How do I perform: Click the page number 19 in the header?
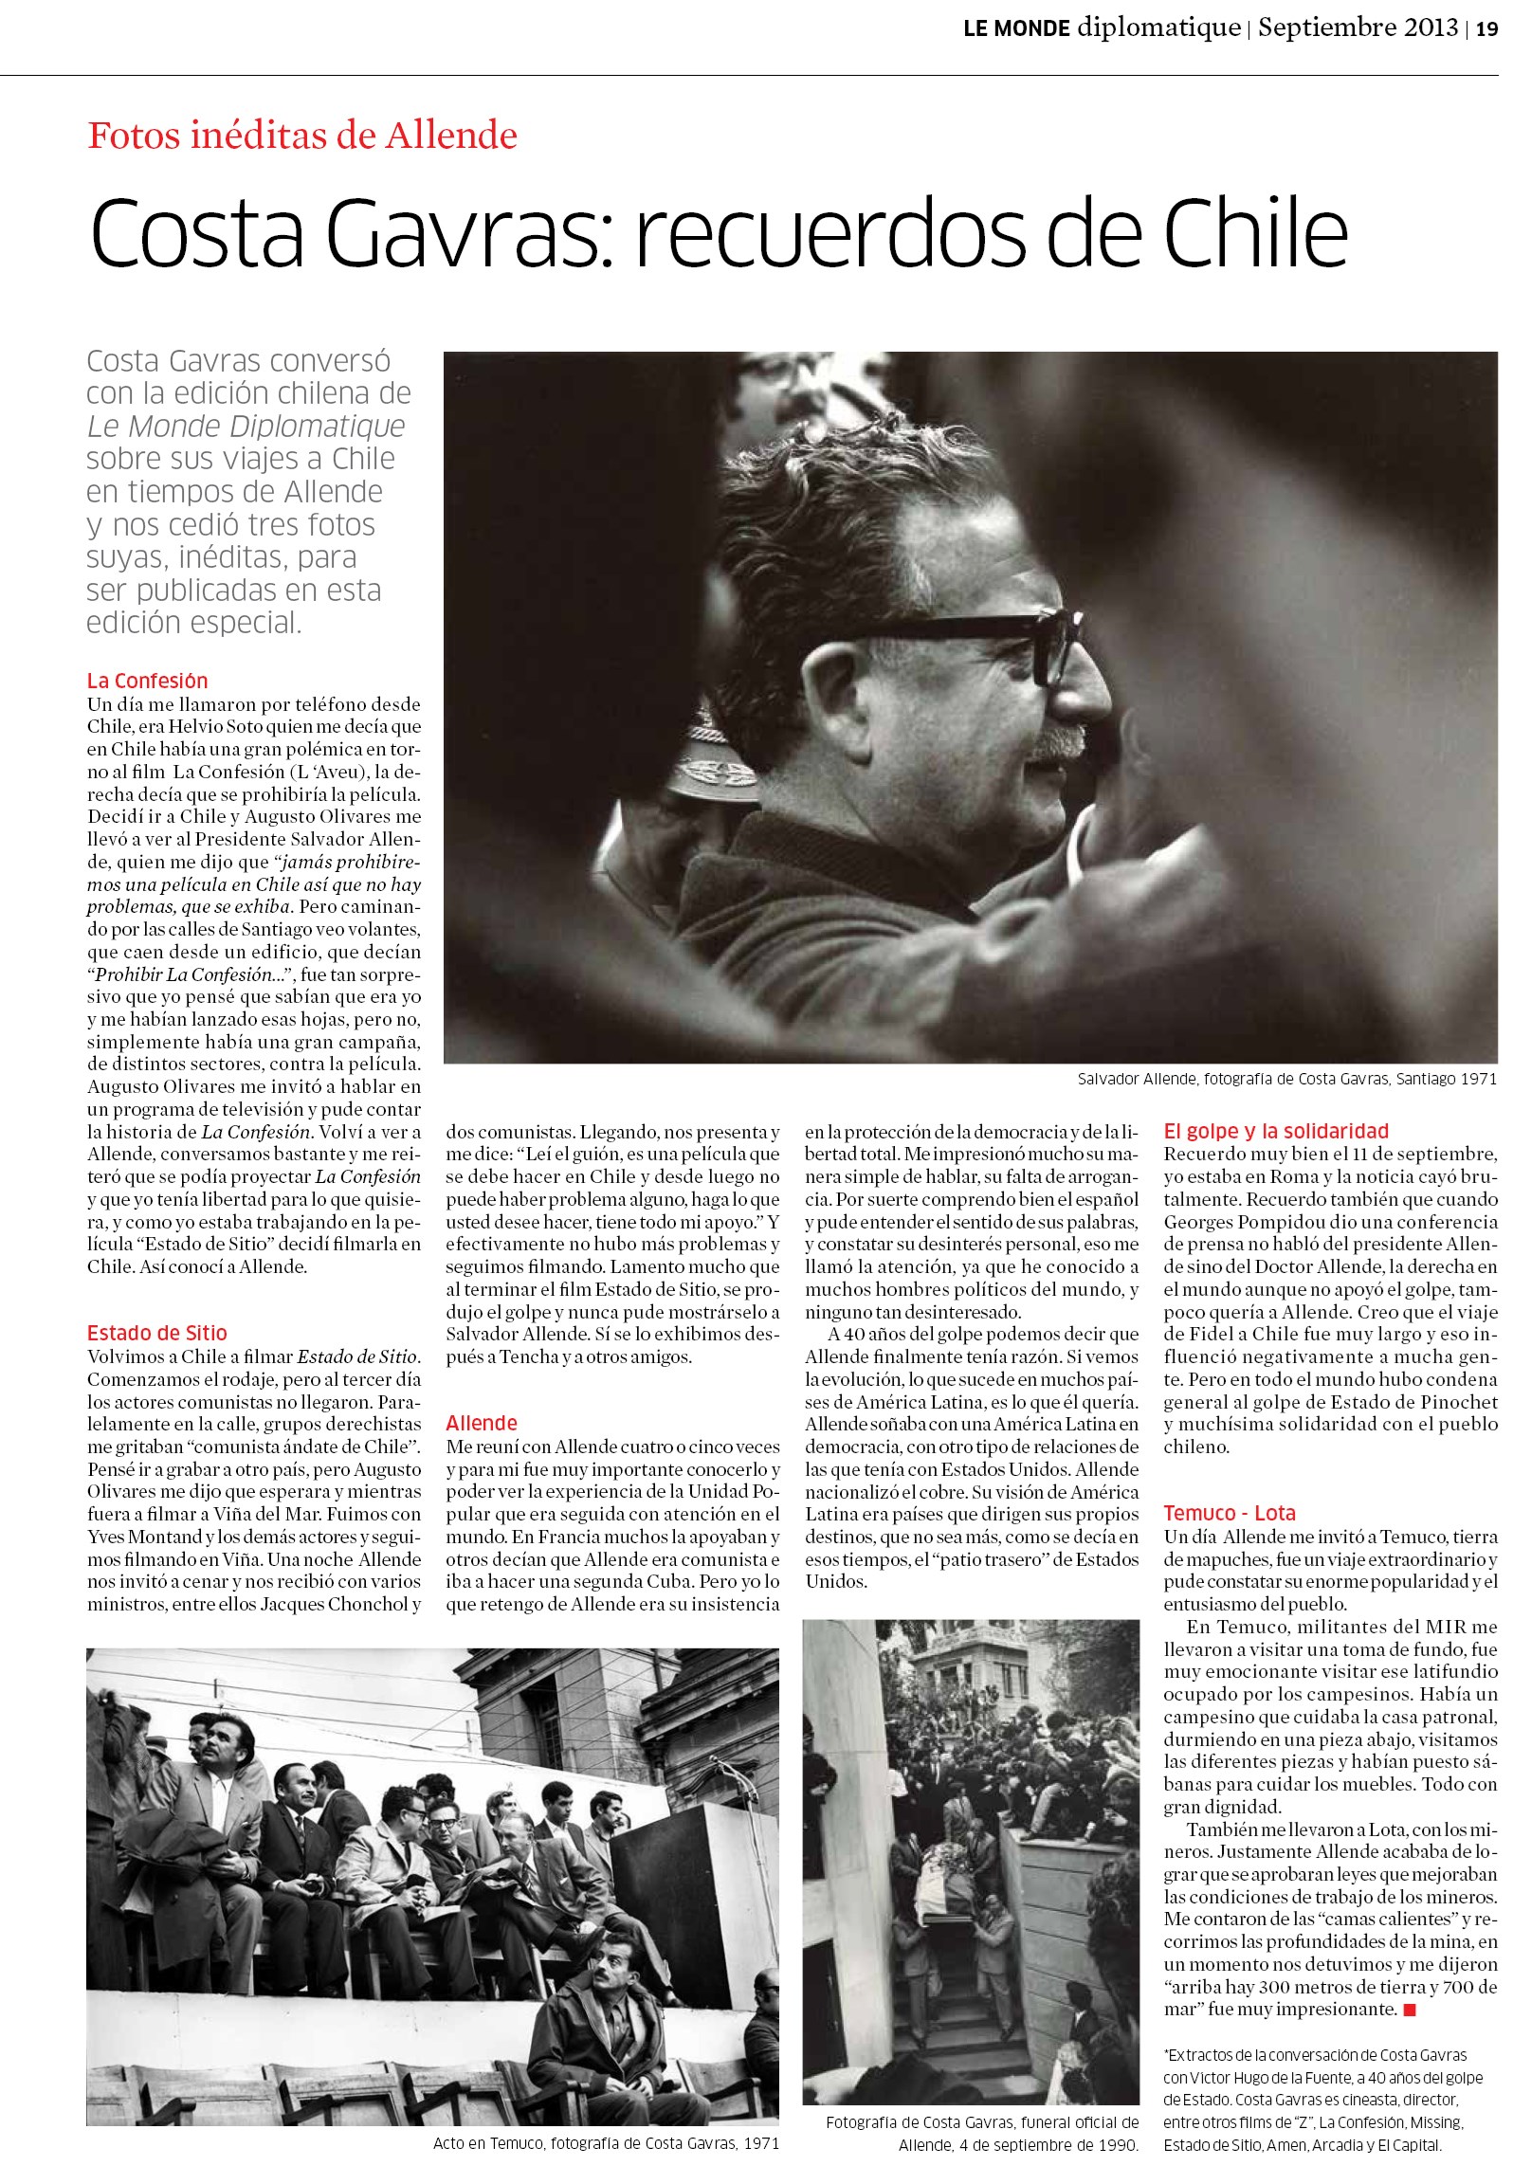pos(1486,28)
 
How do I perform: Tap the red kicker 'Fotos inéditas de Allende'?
pos(302,135)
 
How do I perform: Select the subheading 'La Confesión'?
pos(147,680)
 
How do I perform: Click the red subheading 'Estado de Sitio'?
pos(157,1333)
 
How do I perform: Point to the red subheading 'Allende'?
pos(482,1423)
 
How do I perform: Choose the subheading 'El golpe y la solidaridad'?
pos(1275,1131)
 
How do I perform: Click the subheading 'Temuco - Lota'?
pos(1229,1514)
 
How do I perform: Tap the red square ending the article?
pos(1411,2010)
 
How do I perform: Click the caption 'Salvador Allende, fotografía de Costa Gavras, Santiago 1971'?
pos(1286,1079)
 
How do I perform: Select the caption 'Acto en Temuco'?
pos(605,2143)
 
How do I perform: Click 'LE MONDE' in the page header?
pos(1016,28)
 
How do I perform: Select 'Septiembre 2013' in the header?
pos(1357,27)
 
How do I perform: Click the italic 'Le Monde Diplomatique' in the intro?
pos(246,427)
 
